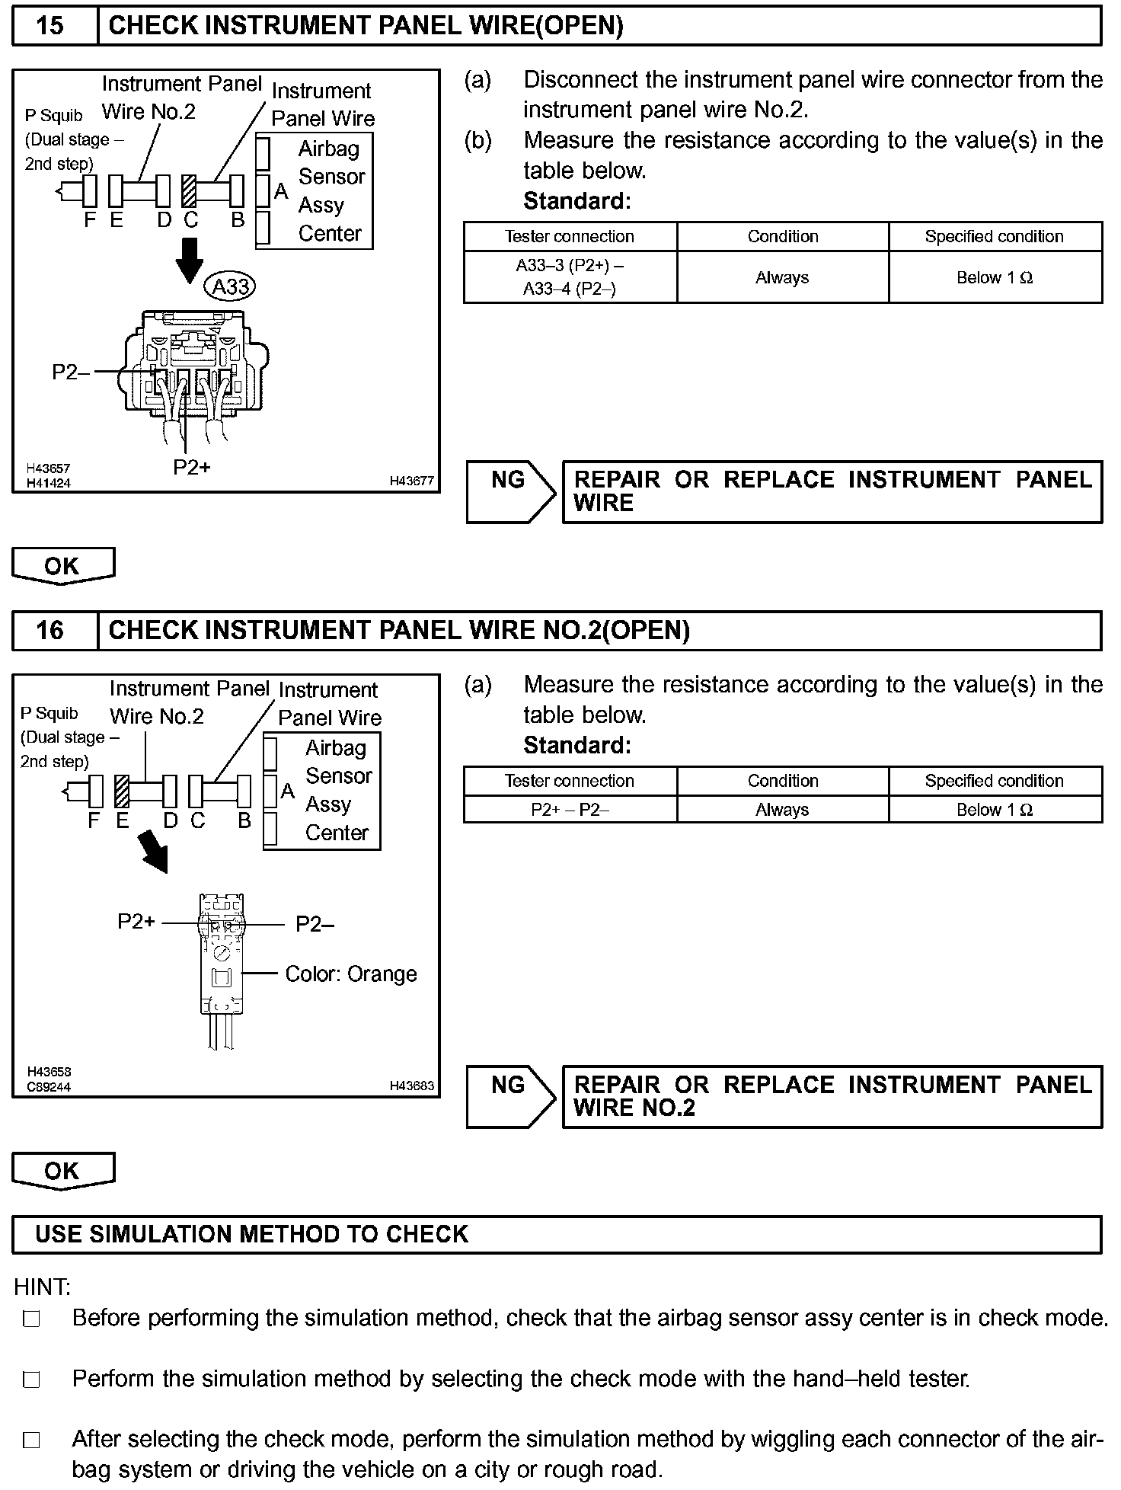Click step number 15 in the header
[50, 26]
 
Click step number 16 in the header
[50, 630]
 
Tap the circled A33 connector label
[230, 287]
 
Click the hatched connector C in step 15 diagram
[190, 190]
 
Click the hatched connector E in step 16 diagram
[121, 791]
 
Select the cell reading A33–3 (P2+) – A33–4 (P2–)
[570, 277]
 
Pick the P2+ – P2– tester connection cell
[570, 810]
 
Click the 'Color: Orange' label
[350, 974]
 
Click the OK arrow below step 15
[62, 566]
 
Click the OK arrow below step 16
[62, 1171]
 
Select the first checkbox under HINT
[31, 1319]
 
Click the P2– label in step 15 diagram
[70, 372]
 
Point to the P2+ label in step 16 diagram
[136, 922]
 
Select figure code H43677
[411, 481]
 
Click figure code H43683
[411, 1086]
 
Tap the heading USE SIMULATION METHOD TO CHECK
[251, 1234]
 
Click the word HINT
[42, 1287]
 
